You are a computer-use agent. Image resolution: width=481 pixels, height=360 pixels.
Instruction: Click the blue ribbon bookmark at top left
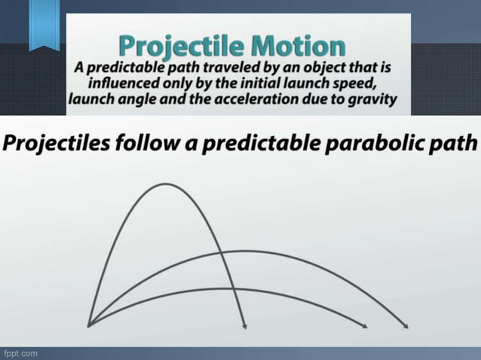pos(44,26)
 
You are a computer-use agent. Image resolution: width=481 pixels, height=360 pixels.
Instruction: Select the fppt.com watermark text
pos(20,352)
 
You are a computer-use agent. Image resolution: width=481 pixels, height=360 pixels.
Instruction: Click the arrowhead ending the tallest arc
pos(244,325)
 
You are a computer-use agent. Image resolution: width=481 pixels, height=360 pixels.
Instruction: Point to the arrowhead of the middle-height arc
pos(406,326)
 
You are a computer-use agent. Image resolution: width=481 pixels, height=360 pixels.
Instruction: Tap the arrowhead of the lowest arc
pos(365,326)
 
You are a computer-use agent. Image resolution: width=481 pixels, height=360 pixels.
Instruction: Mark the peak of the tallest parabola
pos(167,184)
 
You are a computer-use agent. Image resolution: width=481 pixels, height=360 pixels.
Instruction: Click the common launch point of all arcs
pos(89,326)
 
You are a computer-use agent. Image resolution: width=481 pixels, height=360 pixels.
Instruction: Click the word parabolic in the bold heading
pos(374,143)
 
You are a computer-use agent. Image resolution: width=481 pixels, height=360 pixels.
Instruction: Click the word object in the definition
pos(319,66)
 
